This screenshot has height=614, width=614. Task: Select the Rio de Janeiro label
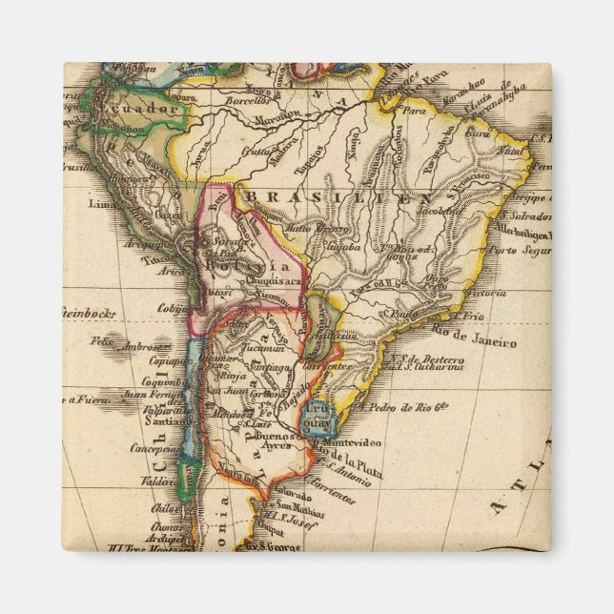coord(474,341)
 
